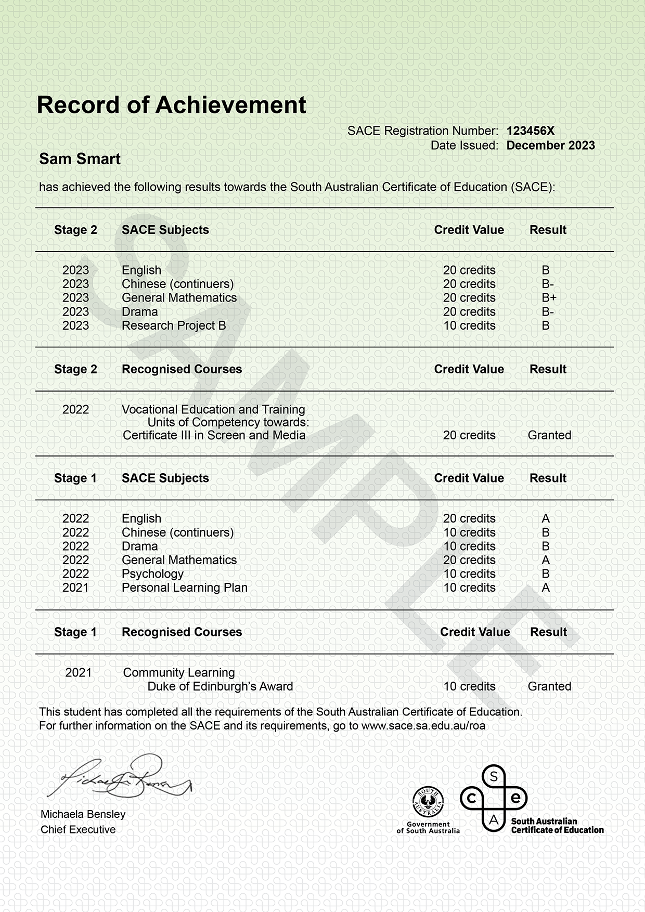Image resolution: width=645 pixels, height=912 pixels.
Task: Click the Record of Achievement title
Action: coord(171,105)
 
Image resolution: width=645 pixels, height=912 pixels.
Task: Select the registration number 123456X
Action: coord(531,131)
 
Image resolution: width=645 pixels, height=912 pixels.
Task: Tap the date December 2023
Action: coord(550,146)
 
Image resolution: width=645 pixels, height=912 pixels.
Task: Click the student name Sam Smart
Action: coord(80,159)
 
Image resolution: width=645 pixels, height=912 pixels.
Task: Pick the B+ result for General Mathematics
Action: coord(549,298)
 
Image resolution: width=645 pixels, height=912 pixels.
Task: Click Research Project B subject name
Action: coord(174,325)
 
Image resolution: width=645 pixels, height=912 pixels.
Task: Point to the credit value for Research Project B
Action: coord(469,325)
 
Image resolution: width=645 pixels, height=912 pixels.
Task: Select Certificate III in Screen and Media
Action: coord(214,435)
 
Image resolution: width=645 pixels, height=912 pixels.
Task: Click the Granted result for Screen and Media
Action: coord(549,435)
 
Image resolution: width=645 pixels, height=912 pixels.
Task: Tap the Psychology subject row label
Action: coord(152,574)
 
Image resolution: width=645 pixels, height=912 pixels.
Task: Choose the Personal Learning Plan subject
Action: coord(184,588)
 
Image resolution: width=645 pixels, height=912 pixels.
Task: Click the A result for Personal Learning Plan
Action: coord(546,588)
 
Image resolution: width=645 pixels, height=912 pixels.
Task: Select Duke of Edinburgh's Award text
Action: coord(220,686)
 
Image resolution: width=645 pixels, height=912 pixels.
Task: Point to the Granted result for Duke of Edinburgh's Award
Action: coord(549,686)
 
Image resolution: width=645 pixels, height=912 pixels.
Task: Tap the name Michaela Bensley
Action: coord(83,814)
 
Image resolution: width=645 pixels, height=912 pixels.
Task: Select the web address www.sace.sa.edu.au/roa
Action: coord(423,726)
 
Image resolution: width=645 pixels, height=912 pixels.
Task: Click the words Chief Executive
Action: coord(78,830)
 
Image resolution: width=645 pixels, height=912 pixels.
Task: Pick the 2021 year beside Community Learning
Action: coord(79,673)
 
